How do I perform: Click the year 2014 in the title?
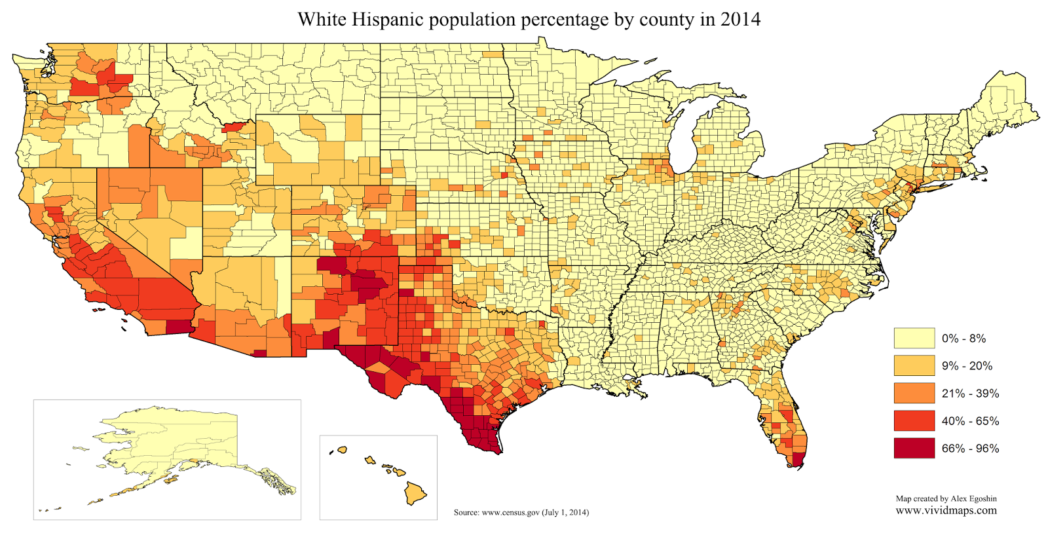tap(740, 19)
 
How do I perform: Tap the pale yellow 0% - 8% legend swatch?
tap(914, 338)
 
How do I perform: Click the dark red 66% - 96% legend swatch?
tap(914, 448)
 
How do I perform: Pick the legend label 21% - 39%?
tap(970, 394)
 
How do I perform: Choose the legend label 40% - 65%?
tap(970, 421)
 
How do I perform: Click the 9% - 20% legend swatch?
tap(914, 365)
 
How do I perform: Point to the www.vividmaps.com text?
tap(946, 510)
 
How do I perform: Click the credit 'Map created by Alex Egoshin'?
tap(946, 499)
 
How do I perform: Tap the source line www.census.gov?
tap(521, 512)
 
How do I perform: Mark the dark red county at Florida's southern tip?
tap(798, 459)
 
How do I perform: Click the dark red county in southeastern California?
tap(177, 327)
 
